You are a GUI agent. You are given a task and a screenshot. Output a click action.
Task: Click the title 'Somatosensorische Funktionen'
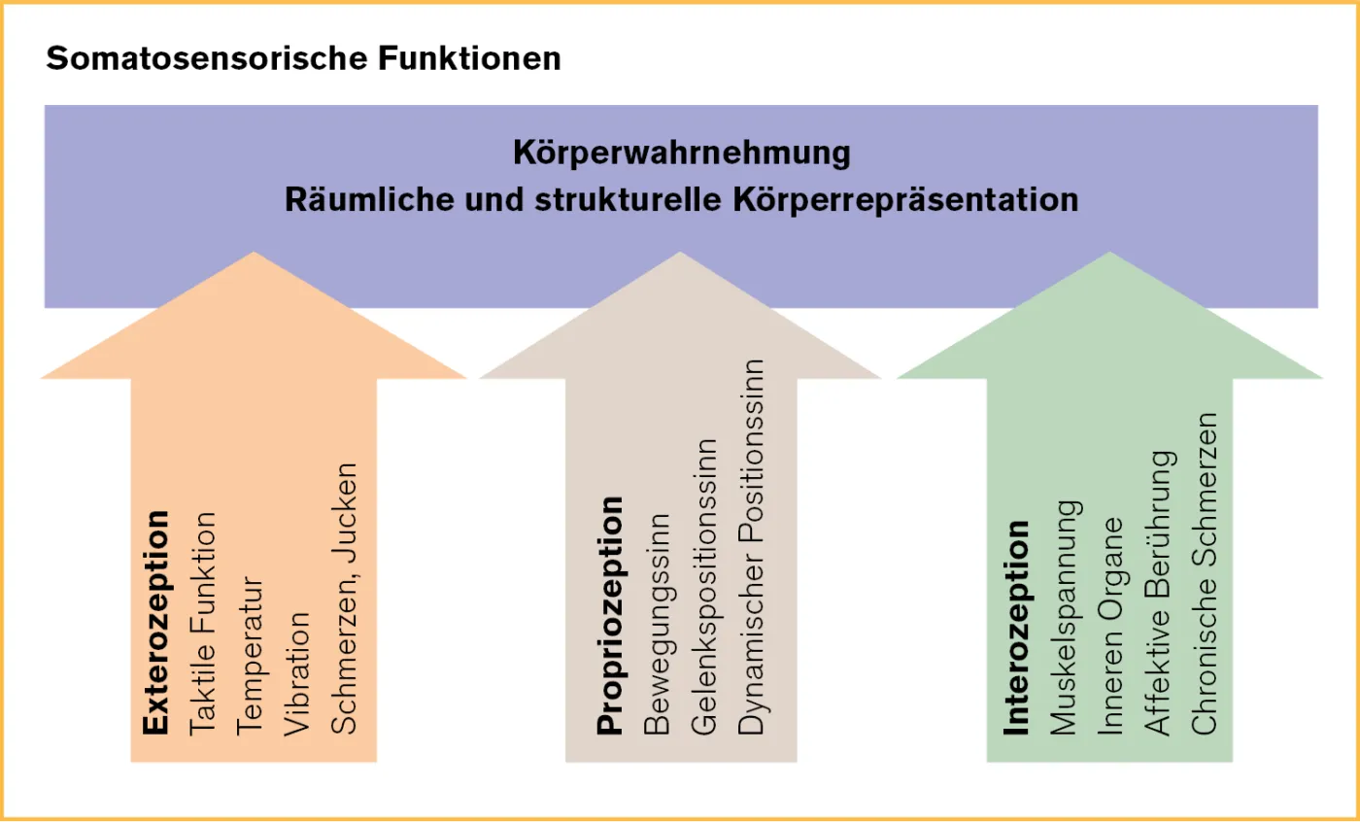pyautogui.click(x=303, y=58)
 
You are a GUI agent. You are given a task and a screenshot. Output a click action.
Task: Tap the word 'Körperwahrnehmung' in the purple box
pyautogui.click(x=681, y=153)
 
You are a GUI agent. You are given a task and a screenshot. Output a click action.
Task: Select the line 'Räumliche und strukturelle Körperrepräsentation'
pyautogui.click(x=681, y=199)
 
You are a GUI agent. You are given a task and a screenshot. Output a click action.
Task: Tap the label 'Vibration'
pyautogui.click(x=297, y=671)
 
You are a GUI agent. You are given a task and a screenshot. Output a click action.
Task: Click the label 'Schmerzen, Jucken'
pyautogui.click(x=345, y=597)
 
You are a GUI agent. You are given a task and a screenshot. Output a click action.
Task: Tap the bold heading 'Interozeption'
pyautogui.click(x=1016, y=628)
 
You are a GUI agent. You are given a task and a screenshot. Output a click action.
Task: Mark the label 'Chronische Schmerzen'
pyautogui.click(x=1205, y=573)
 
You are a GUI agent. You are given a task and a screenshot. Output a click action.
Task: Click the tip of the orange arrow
pyautogui.click(x=255, y=255)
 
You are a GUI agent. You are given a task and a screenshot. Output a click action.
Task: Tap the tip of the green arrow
pyautogui.click(x=1109, y=255)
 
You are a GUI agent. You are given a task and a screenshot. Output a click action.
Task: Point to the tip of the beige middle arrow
pyautogui.click(x=681, y=255)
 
